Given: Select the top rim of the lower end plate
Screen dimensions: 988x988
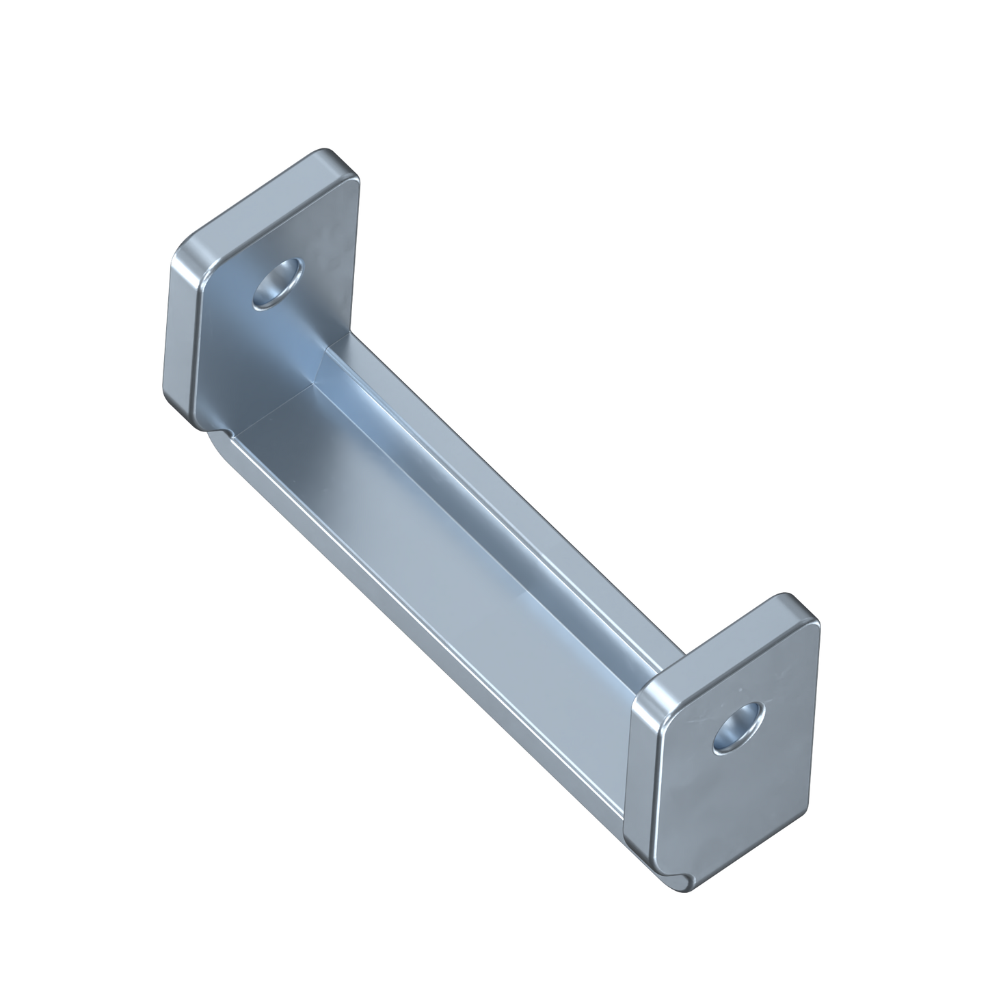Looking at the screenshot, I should tap(725, 636).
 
